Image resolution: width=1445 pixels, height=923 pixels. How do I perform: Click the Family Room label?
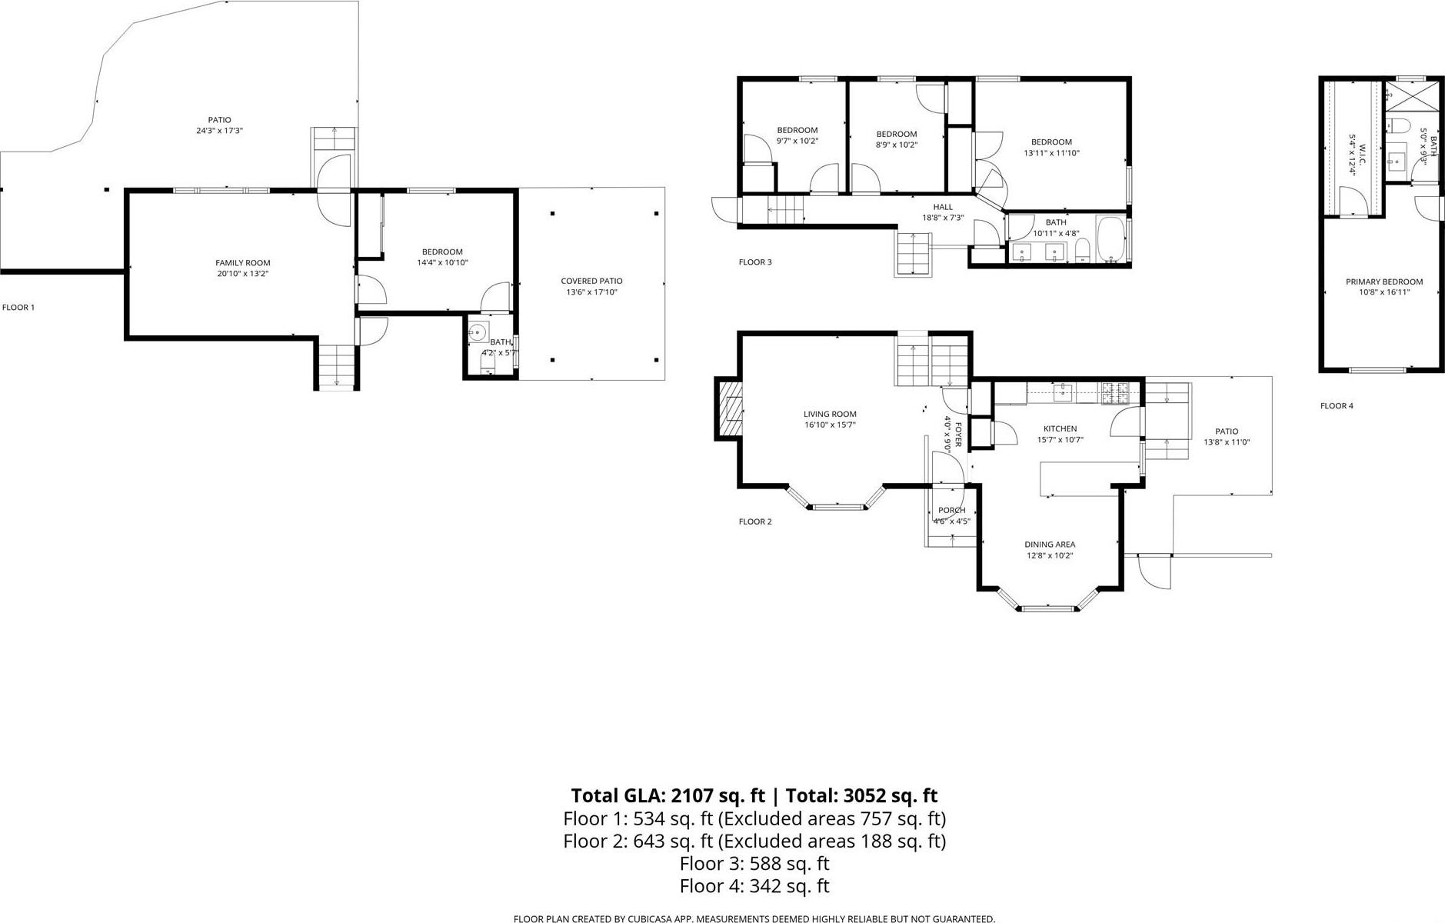(x=242, y=263)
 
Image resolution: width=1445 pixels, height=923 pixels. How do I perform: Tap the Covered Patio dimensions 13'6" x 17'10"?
(x=591, y=292)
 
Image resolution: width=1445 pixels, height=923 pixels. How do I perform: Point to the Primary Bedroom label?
(x=1383, y=282)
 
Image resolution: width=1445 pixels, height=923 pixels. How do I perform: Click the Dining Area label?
(x=1049, y=545)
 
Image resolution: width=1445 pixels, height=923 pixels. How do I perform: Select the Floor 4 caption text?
(x=1337, y=406)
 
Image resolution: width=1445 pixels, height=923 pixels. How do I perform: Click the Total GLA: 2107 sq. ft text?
(x=668, y=795)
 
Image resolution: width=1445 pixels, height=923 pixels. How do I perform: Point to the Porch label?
(x=951, y=511)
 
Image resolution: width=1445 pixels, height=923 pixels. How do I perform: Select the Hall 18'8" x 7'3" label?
(x=943, y=212)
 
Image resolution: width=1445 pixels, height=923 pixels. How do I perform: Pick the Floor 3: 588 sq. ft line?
(x=754, y=864)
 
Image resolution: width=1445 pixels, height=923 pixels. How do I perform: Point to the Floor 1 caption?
(x=18, y=308)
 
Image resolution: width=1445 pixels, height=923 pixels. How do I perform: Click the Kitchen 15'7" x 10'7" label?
(x=1060, y=435)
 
